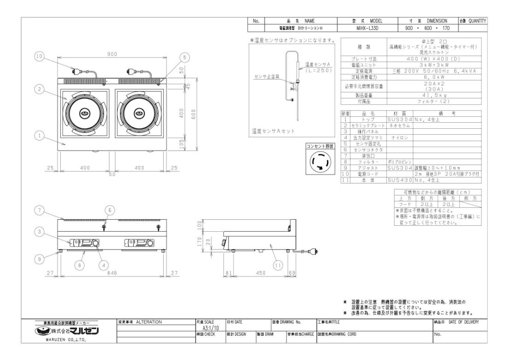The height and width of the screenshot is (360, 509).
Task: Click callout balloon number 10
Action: coord(39,57)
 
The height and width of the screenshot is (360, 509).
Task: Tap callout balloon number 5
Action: coord(184,57)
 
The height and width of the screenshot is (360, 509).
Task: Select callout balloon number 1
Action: coord(39,135)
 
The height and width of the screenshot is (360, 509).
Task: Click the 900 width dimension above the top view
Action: coord(112,54)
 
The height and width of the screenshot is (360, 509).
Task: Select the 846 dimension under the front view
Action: coord(112,273)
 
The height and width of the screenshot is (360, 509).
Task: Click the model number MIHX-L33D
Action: coord(361,28)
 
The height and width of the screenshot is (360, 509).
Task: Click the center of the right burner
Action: coord(138,114)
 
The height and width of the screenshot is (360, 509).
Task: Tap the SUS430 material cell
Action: coord(400,193)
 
